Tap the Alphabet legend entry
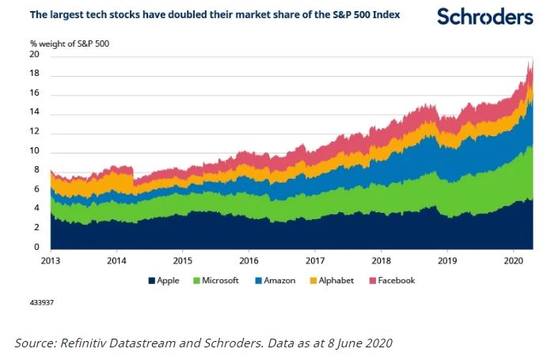point(338,280)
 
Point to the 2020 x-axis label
point(515,260)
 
